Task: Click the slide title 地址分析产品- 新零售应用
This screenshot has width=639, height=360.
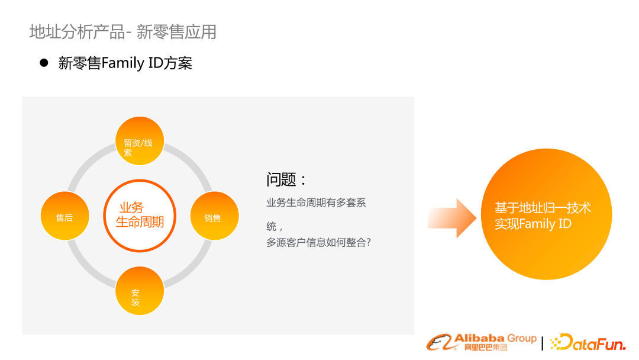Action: point(123,31)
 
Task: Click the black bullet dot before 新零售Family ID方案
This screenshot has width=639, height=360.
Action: point(43,63)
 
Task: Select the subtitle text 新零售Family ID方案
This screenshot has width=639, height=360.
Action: point(125,63)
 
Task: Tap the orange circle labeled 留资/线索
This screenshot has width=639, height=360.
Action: point(139,141)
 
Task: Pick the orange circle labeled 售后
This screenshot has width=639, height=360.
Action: point(64,217)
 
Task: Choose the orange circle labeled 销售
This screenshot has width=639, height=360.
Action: point(214,217)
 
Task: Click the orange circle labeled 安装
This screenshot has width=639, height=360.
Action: point(139,291)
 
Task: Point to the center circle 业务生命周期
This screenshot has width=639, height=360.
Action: point(140,215)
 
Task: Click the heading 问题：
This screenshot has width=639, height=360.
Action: point(286,180)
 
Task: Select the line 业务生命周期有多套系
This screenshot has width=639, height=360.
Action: point(316,202)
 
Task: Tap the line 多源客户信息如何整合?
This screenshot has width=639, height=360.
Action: point(318,242)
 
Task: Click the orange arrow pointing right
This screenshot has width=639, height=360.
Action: point(452,218)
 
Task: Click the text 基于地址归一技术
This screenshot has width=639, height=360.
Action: point(543,208)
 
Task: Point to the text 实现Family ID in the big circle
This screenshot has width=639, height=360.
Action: point(533,224)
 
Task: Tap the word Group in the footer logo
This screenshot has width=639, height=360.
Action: point(522,339)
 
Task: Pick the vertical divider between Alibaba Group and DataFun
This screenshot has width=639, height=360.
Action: point(543,343)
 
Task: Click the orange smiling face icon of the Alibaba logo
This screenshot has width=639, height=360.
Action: point(440,343)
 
